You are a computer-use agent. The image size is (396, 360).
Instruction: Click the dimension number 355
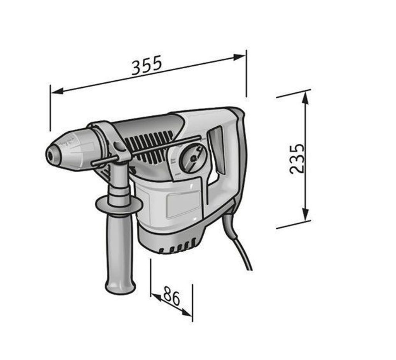point(147,65)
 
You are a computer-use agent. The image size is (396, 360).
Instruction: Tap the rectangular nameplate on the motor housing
point(183,204)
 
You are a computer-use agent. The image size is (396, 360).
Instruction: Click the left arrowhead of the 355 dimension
point(57,91)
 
